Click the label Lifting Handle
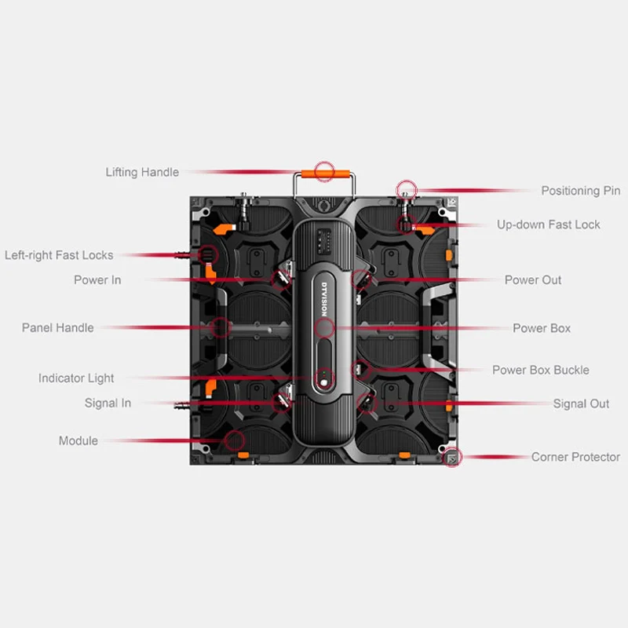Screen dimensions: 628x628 (142, 172)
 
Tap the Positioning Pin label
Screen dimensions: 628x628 (580, 191)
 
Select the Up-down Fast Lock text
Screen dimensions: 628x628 (548, 225)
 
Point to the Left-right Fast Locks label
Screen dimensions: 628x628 (59, 255)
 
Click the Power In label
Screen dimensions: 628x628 (97, 280)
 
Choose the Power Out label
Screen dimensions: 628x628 (533, 280)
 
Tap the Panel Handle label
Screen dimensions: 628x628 (57, 328)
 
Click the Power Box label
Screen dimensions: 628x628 (542, 328)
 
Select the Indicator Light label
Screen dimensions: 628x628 (76, 378)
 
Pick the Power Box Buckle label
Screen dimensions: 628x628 (540, 370)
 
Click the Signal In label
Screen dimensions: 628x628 (108, 403)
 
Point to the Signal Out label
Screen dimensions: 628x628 (581, 403)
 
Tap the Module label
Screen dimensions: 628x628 (78, 441)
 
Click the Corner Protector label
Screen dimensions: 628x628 (575, 457)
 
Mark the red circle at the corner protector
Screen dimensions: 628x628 (451, 458)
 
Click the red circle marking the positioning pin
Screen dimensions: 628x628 (405, 189)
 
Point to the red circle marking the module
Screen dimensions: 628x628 (234, 440)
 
